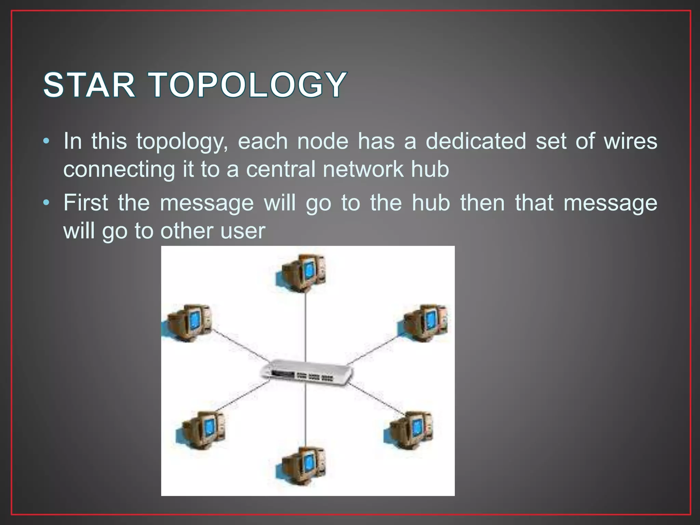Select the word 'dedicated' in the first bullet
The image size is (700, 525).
point(475,141)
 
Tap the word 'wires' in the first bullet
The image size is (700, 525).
point(630,141)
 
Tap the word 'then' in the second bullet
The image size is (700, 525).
point(482,202)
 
